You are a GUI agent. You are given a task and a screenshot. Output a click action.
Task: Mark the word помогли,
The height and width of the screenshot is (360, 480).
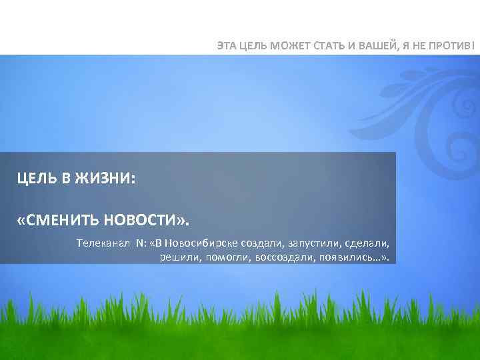tap(225, 257)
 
